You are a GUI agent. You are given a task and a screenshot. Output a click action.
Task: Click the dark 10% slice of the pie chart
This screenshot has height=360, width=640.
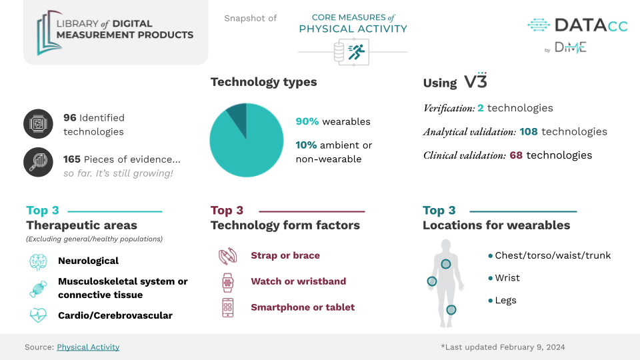tap(238, 116)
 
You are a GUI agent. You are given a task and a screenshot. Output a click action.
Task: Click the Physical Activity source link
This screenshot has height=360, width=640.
tap(88, 347)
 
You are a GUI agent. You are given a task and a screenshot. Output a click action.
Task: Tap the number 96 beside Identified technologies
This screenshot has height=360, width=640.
tap(70, 117)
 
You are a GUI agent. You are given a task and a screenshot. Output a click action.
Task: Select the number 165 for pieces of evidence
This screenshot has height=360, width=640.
tap(72, 159)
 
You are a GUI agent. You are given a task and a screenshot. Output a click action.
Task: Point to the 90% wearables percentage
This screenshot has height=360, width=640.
tap(307, 121)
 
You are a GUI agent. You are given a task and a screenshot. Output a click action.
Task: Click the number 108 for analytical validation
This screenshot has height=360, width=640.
tap(529, 131)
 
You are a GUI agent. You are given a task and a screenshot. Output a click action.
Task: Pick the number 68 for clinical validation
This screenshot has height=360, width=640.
tap(516, 155)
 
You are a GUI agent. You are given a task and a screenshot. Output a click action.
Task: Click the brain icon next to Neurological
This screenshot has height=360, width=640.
tap(38, 262)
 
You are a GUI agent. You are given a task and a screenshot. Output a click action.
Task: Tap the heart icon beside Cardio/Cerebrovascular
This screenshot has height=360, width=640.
tap(38, 315)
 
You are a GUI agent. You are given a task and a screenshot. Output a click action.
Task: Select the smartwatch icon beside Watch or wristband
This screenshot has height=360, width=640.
tap(228, 283)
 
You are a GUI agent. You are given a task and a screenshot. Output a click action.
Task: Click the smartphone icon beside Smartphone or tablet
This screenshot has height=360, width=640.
tap(228, 308)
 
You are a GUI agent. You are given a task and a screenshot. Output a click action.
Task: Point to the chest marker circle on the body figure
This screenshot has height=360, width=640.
tap(446, 264)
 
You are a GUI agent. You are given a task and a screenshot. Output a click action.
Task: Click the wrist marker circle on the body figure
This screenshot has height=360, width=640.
tap(432, 281)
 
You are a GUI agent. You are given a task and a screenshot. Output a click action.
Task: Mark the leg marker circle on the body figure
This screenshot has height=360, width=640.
tap(451, 310)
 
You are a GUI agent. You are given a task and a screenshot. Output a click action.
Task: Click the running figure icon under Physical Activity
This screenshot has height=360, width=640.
tap(356, 52)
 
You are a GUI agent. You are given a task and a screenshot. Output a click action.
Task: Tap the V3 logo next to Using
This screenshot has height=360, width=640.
tap(475, 81)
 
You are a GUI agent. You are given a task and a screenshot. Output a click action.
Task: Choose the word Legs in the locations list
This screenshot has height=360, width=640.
tap(506, 301)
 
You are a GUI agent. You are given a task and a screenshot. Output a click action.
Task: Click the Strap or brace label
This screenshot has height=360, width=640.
tap(285, 255)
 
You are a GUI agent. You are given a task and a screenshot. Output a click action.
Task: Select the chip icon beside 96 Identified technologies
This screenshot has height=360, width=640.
tap(38, 124)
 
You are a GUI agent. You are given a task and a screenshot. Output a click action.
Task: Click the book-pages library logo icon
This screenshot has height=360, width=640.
tap(47, 33)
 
